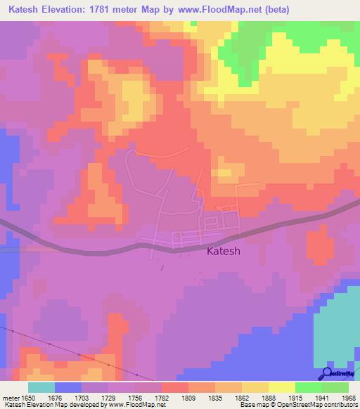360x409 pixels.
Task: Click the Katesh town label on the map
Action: [224, 252]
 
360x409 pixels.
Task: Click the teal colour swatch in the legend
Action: [41, 387]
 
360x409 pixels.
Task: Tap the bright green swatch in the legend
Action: [308, 387]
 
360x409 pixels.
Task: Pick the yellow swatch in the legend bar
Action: [281, 387]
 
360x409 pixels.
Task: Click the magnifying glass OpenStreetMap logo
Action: [328, 373]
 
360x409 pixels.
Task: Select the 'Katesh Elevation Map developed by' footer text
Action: [49, 405]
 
